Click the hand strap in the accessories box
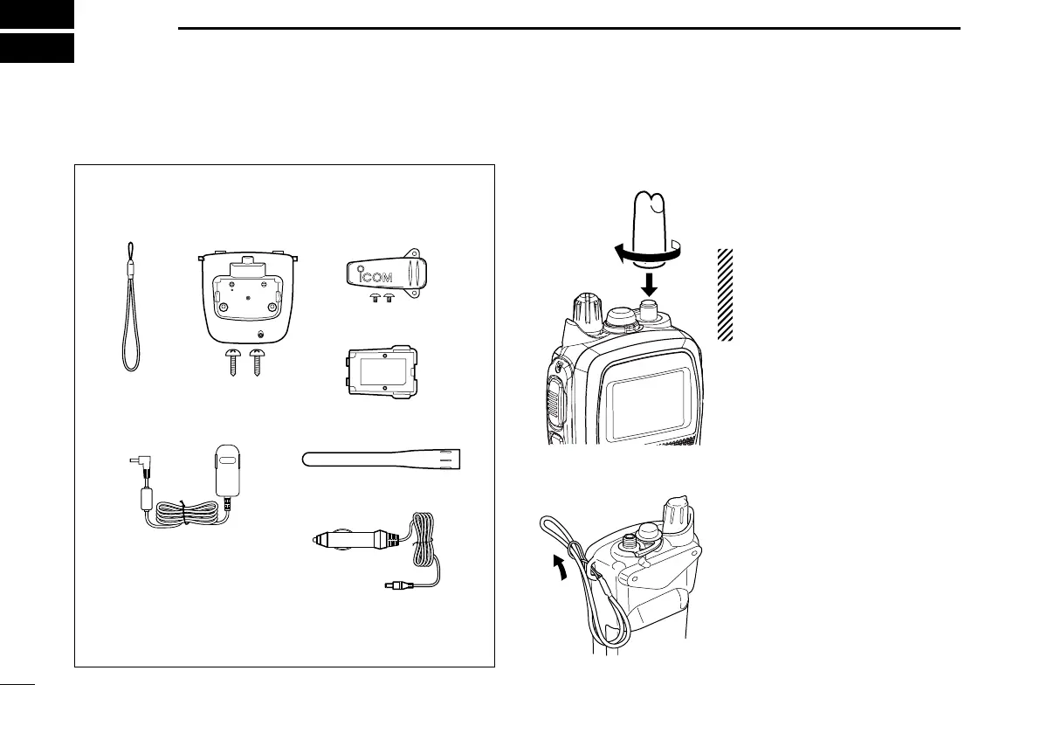[130, 315]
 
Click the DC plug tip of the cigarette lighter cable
[390, 585]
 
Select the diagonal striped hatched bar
[724, 294]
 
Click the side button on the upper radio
[554, 403]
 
